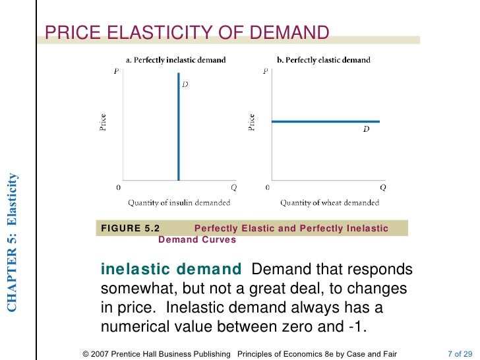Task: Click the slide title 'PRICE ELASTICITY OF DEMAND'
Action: click(187, 32)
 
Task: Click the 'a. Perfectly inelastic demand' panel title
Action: click(176, 60)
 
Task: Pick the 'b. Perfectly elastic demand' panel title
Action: click(324, 60)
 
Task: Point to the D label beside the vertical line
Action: click(185, 84)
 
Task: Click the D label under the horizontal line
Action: click(366, 130)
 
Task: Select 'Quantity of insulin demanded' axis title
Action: click(179, 202)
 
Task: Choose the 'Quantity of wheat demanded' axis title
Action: click(330, 202)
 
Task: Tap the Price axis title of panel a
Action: click(103, 123)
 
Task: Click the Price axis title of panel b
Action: click(251, 123)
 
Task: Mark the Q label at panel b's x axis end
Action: click(382, 187)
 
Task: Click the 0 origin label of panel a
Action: click(119, 187)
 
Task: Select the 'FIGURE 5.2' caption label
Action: click(130, 229)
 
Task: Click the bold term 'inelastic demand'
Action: click(171, 270)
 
